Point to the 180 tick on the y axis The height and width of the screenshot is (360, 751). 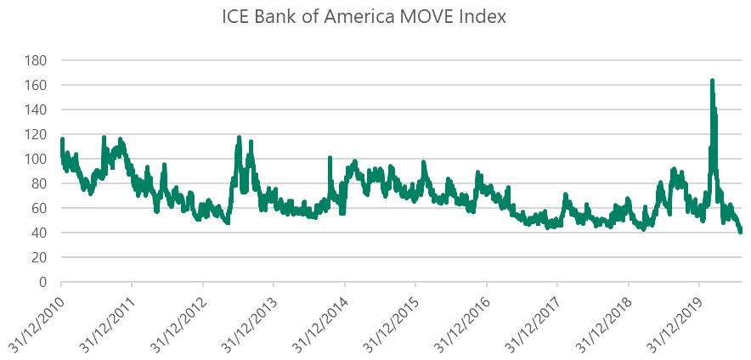(36, 61)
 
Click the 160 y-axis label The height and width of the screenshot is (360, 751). (36, 86)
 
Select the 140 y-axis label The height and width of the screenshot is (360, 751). (36, 110)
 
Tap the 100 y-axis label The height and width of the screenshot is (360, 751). (36, 160)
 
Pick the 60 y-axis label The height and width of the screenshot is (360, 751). (39, 209)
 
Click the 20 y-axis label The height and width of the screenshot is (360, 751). (39, 257)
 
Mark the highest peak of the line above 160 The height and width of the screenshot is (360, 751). (712, 81)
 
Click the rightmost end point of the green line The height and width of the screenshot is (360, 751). (741, 231)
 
